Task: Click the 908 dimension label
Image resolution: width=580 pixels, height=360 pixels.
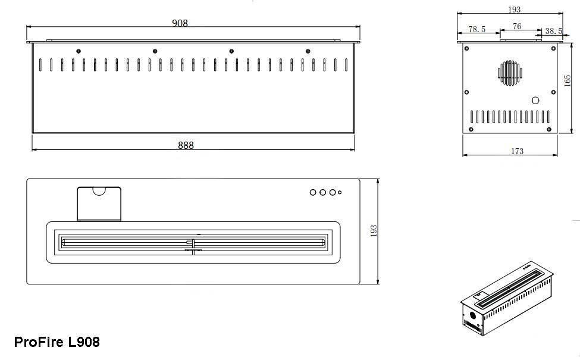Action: pos(180,23)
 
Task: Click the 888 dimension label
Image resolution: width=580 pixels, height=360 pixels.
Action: pos(186,145)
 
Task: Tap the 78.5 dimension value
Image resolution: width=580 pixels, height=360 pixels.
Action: pos(477,29)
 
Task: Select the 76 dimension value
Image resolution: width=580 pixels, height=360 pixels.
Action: pos(517,26)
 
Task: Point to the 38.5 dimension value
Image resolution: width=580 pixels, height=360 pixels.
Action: pos(554,31)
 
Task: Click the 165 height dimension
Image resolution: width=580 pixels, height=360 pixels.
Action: pos(568,81)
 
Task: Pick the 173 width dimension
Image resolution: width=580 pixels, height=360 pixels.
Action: pos(517,151)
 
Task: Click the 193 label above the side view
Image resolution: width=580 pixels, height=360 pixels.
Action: pos(514,10)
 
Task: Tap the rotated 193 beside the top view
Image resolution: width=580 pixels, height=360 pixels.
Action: pos(374,231)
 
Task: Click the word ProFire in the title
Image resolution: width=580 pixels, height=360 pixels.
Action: pos(39,342)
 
